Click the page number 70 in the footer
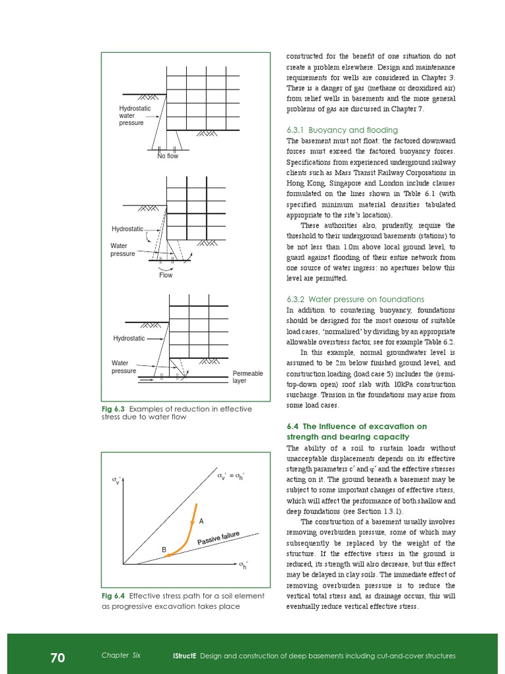pyautogui.click(x=57, y=658)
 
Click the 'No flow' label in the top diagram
pyautogui.click(x=167, y=156)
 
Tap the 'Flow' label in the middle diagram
pyautogui.click(x=166, y=275)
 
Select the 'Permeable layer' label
pyautogui.click(x=247, y=377)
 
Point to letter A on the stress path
pyautogui.click(x=202, y=521)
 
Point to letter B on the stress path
pyautogui.click(x=164, y=549)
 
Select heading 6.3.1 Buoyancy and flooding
pyautogui.click(x=342, y=130)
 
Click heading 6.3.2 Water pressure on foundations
pyautogui.click(x=355, y=299)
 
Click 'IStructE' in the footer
pyautogui.click(x=183, y=656)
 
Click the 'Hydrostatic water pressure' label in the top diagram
pyautogui.click(x=134, y=116)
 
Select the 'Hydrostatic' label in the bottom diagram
pyautogui.click(x=129, y=338)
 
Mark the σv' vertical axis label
pyautogui.click(x=116, y=482)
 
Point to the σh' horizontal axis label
pyautogui.click(x=243, y=565)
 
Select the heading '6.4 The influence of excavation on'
pyautogui.click(x=356, y=426)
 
